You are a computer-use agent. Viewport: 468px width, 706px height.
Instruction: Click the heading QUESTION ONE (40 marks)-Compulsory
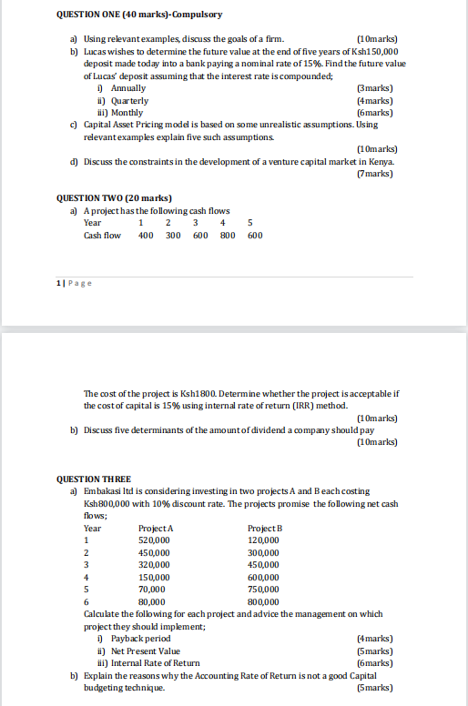pyautogui.click(x=139, y=15)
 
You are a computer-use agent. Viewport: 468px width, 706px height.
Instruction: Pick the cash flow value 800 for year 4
pyautogui.click(x=227, y=235)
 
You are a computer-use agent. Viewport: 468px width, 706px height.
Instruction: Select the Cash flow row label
pyautogui.click(x=102, y=235)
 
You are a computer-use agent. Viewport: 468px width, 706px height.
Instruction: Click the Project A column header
pyautogui.click(x=156, y=528)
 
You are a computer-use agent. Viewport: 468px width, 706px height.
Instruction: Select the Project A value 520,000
pyautogui.click(x=154, y=540)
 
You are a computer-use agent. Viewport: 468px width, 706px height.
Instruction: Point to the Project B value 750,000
pyautogui.click(x=263, y=589)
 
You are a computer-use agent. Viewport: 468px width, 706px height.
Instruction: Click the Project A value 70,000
pyautogui.click(x=151, y=589)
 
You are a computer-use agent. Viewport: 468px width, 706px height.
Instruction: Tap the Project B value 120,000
pyautogui.click(x=263, y=540)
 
